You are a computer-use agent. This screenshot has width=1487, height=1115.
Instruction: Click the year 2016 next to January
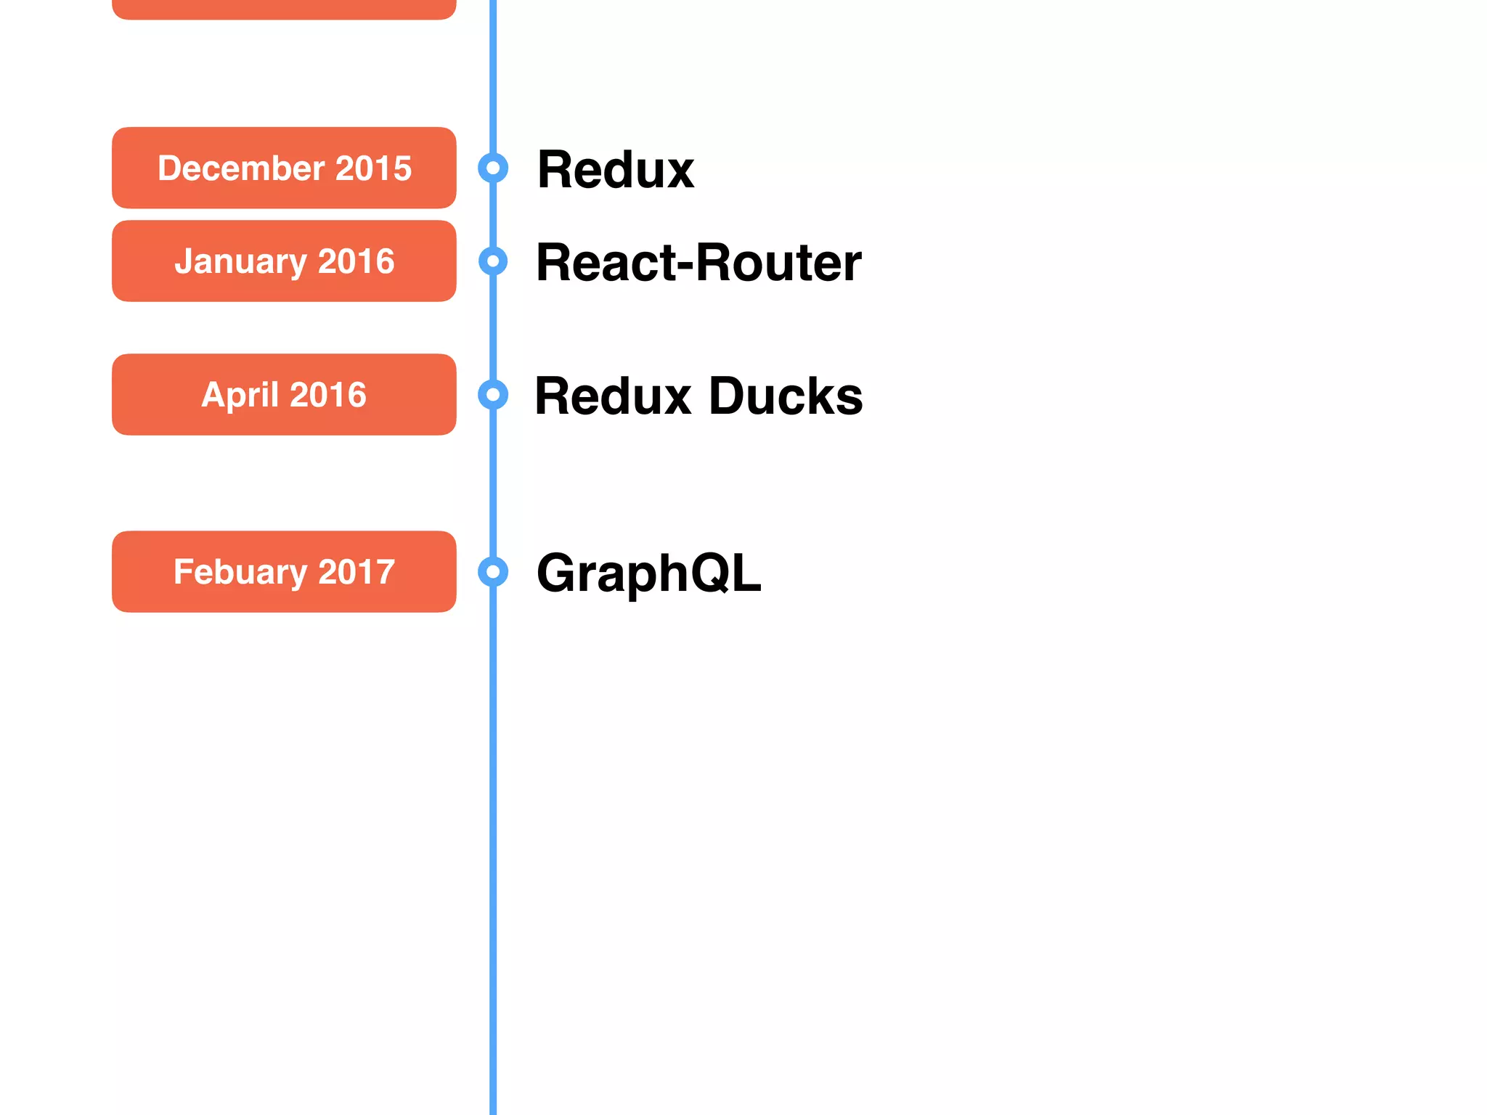coord(356,261)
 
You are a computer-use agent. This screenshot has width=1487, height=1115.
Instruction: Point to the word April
coord(240,396)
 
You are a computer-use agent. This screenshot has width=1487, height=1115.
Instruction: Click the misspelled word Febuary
coord(240,572)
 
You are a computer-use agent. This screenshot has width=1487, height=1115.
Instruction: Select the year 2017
coord(357,572)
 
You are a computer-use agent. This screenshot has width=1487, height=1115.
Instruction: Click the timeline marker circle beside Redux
coord(493,168)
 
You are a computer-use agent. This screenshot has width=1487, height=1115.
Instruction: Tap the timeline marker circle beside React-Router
coord(493,261)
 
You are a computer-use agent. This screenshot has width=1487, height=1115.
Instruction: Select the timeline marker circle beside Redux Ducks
coord(493,395)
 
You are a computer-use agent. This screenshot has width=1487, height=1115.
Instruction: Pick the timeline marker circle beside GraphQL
coord(493,572)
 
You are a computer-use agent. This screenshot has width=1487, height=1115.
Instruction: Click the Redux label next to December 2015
coord(616,170)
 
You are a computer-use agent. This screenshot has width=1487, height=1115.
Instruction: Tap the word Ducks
coord(786,396)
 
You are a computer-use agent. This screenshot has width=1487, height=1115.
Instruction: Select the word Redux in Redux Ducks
coord(614,396)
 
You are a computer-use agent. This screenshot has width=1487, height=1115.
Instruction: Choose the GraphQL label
coord(648,573)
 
